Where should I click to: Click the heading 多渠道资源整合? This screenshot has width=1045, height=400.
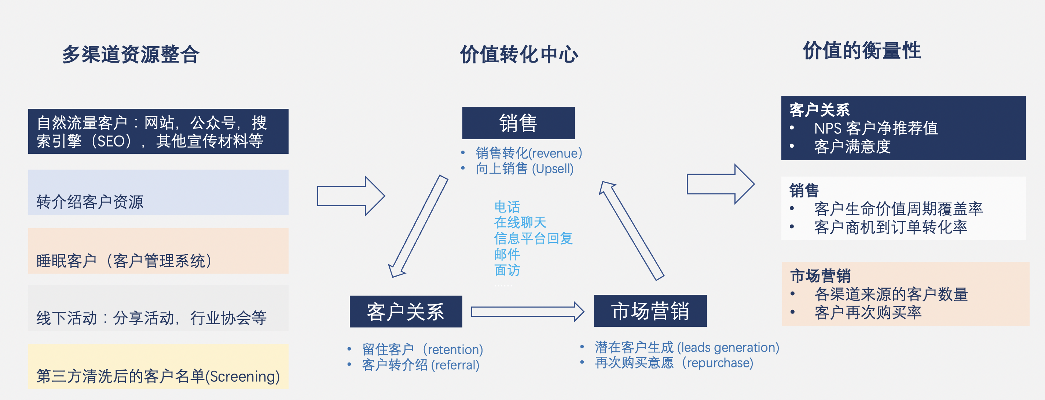click(131, 54)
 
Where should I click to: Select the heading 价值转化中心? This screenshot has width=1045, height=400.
click(519, 54)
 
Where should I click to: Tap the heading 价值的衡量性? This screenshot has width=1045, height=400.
click(862, 51)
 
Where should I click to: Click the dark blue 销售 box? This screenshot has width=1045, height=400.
click(518, 123)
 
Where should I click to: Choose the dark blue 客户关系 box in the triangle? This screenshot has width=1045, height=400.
click(406, 311)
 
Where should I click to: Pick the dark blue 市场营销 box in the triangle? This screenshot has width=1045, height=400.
click(650, 310)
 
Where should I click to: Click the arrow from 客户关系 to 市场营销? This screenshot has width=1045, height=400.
click(527, 311)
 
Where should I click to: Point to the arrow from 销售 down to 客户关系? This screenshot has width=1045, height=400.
click(418, 226)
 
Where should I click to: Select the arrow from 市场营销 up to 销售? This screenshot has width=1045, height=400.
click(632, 231)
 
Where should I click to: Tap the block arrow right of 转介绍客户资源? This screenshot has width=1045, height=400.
click(351, 196)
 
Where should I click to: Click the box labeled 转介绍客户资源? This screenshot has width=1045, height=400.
click(158, 192)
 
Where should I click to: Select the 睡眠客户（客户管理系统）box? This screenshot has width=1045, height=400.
click(158, 251)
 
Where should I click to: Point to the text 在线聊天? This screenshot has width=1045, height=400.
click(520, 222)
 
